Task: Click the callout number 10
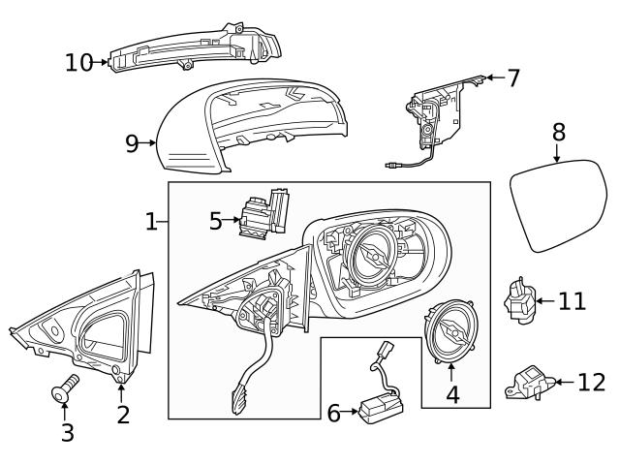(x=79, y=63)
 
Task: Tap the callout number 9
(x=133, y=143)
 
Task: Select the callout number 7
(x=512, y=78)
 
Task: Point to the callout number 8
(x=558, y=132)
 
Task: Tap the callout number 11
(x=572, y=301)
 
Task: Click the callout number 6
(x=333, y=414)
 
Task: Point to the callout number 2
(x=123, y=416)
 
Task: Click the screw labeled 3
(x=64, y=392)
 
